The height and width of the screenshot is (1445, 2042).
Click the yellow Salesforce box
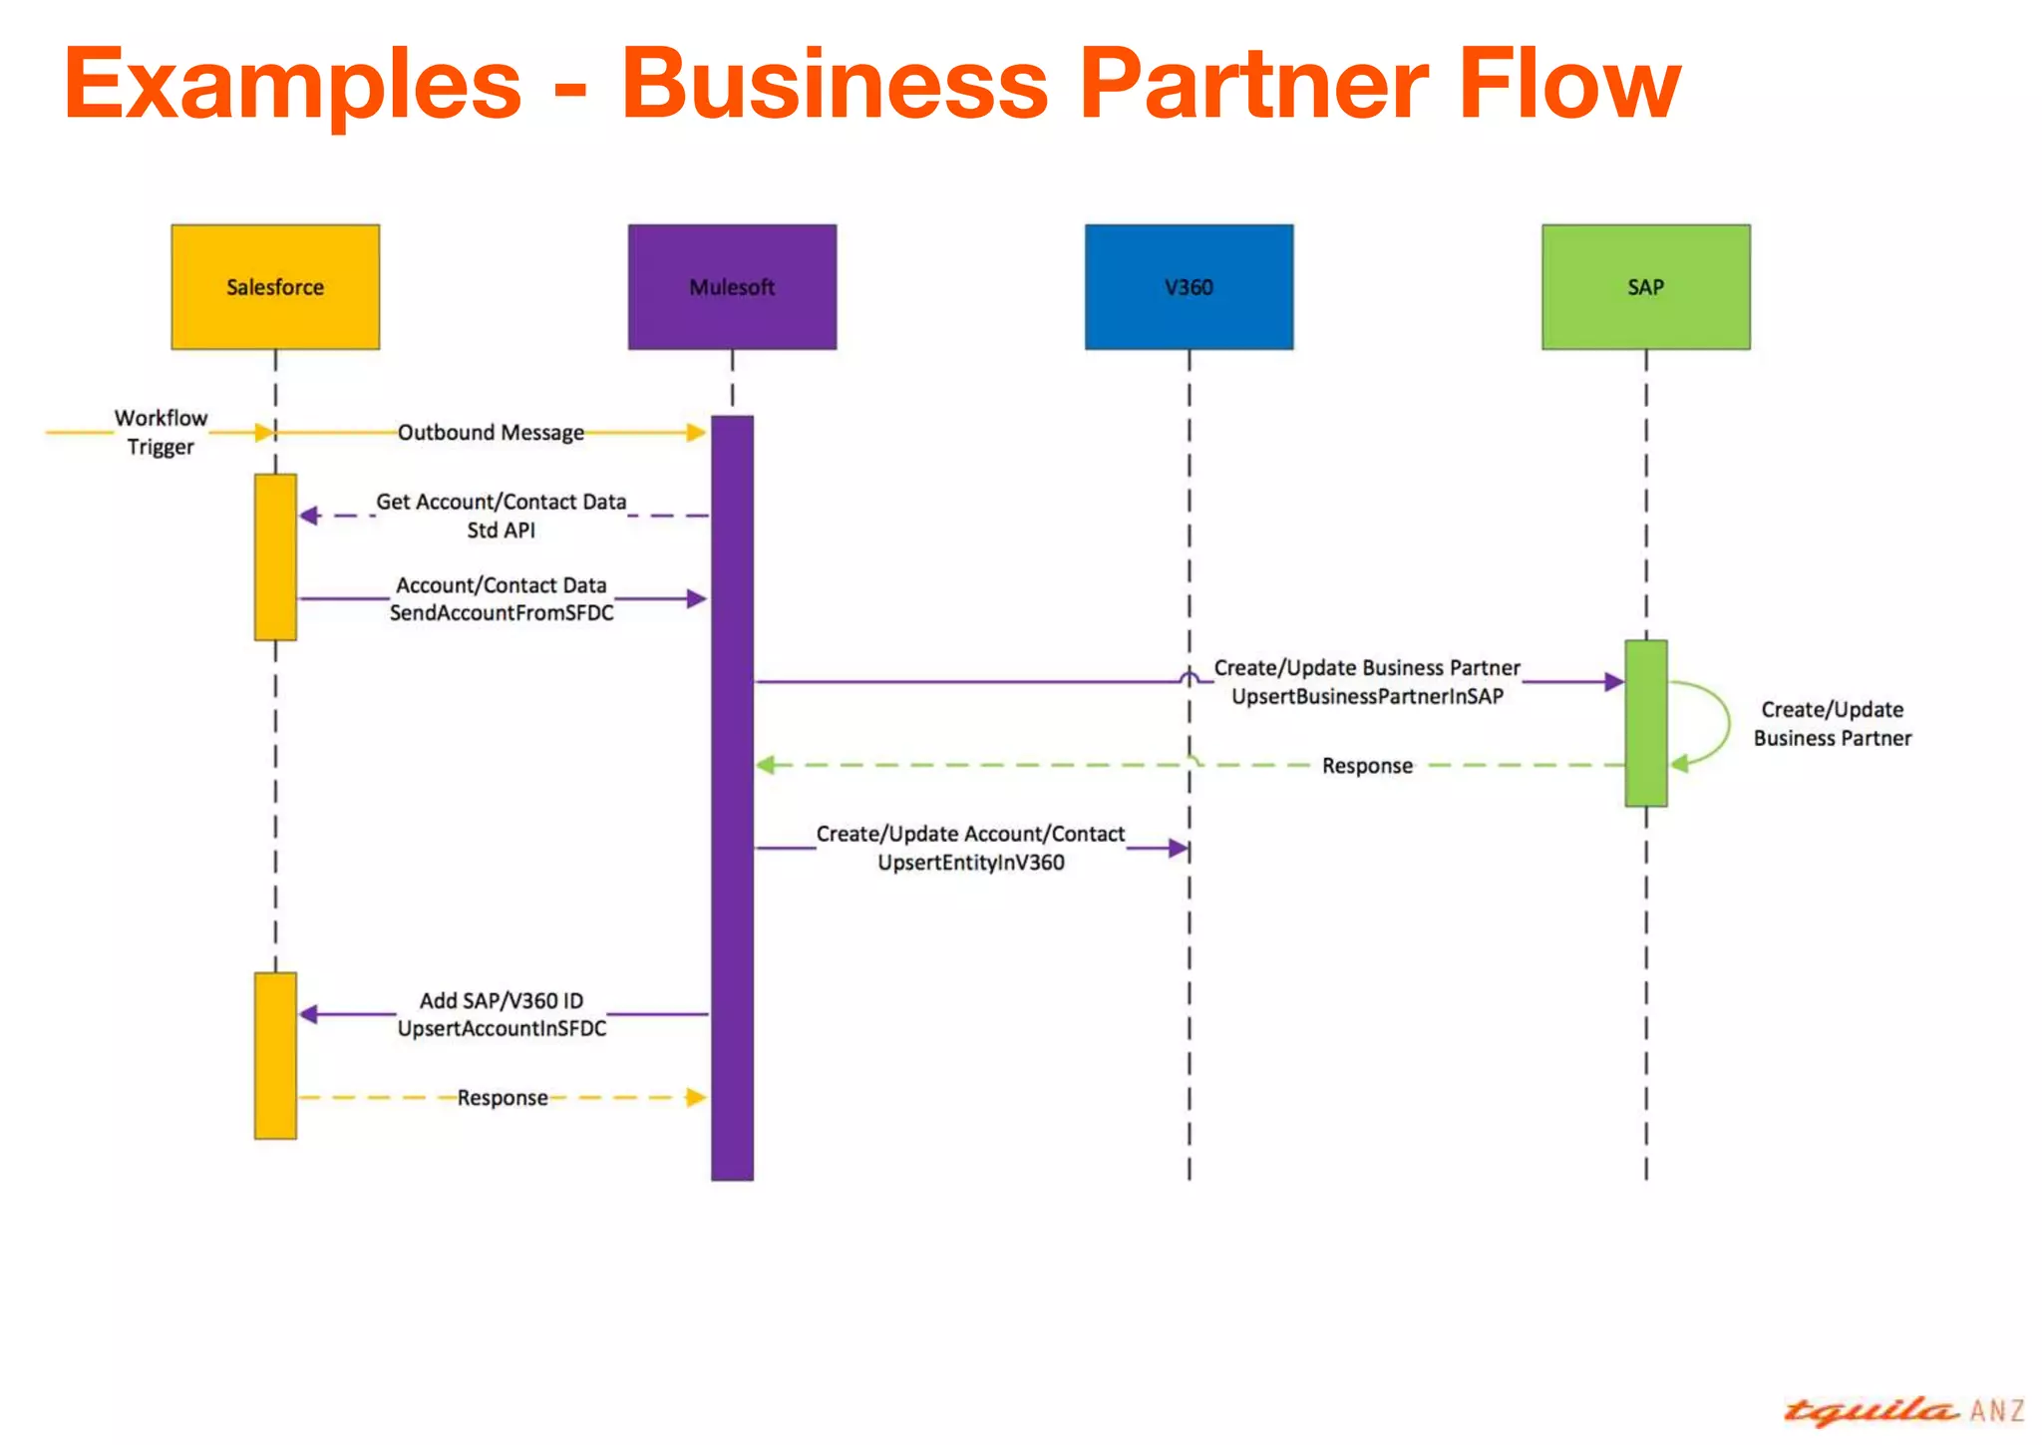tap(275, 287)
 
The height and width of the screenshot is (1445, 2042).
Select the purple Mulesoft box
tap(732, 287)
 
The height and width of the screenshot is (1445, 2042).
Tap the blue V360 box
tap(1190, 287)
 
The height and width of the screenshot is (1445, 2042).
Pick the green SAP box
tap(1646, 287)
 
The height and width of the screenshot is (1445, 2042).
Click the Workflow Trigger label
tap(161, 432)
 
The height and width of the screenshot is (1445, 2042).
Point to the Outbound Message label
tap(491, 433)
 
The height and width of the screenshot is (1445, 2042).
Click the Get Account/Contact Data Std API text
tap(502, 516)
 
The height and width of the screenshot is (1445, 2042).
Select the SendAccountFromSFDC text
tap(502, 613)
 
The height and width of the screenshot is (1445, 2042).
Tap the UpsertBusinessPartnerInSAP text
tap(1367, 697)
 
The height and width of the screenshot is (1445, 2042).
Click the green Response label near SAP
tap(1367, 766)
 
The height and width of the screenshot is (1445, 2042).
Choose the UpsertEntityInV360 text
tap(971, 863)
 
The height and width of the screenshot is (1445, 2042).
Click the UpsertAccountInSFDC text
tap(502, 1028)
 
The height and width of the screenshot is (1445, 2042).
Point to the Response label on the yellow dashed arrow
tap(503, 1098)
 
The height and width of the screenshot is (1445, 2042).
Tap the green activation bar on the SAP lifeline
tap(1646, 723)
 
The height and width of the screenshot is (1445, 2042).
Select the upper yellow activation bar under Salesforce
tap(275, 556)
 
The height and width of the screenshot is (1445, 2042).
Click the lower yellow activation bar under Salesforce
tap(275, 1055)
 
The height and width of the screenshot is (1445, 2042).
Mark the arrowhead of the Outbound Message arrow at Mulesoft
tap(697, 433)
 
